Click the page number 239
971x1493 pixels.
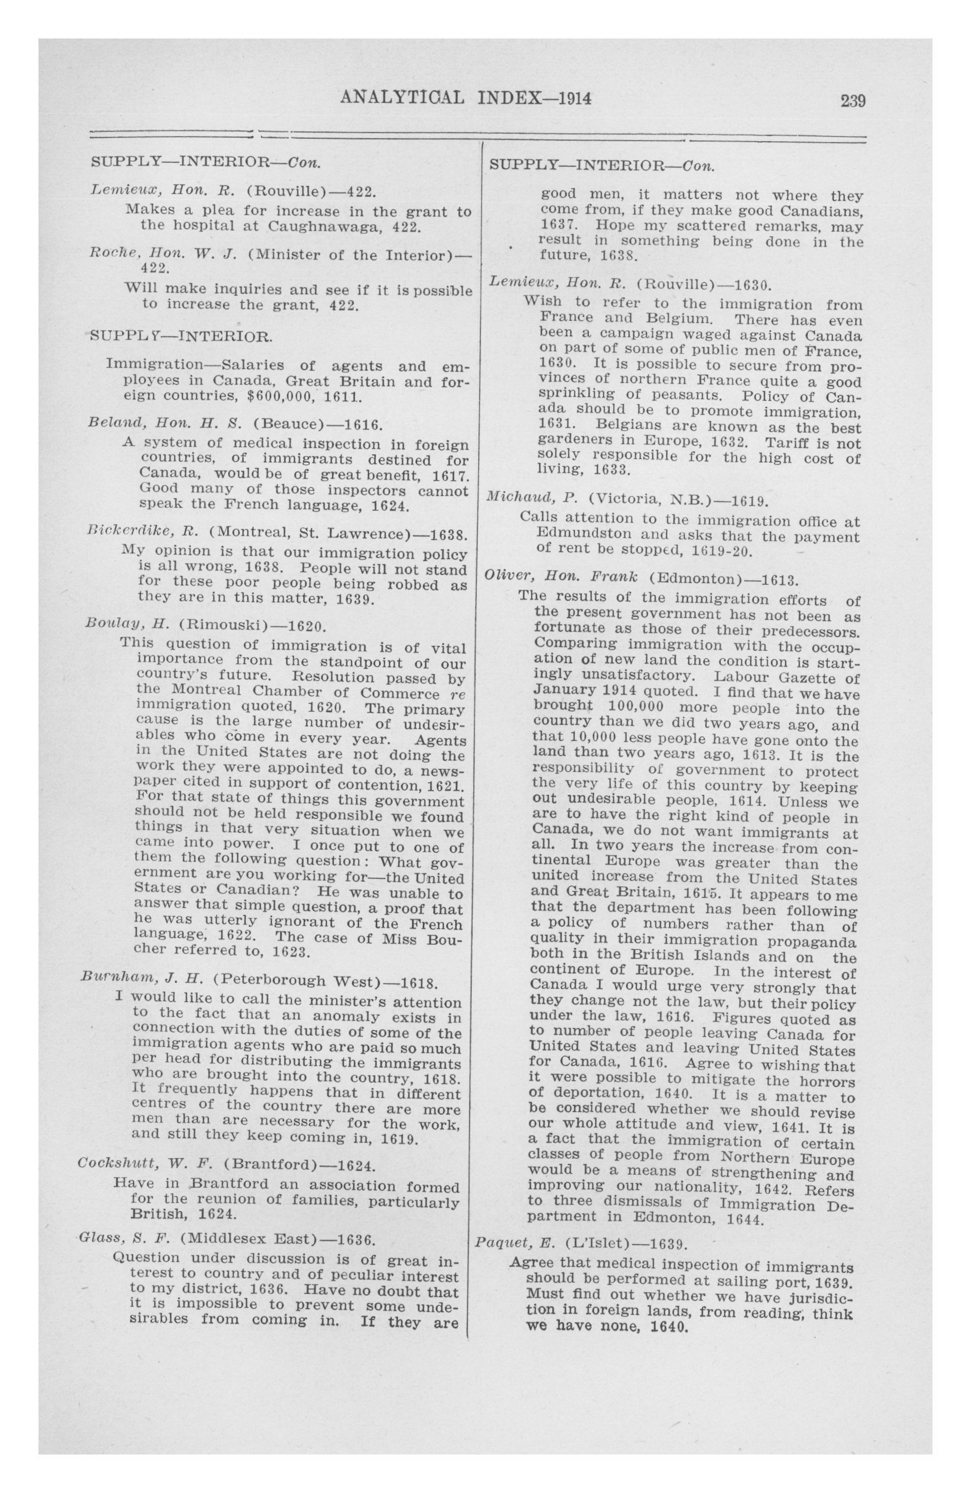tap(852, 100)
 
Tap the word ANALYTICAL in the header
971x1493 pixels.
tap(401, 99)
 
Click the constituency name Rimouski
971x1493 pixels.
tap(223, 625)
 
